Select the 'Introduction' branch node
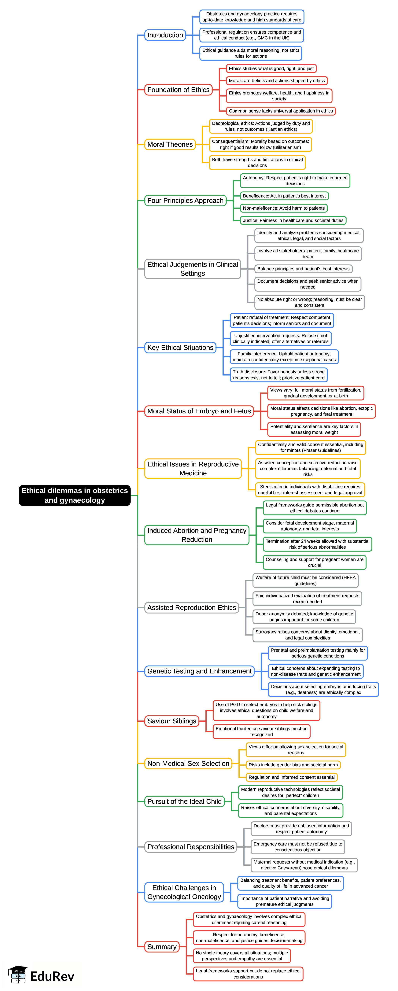tap(165, 35)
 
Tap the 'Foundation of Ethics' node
tap(179, 90)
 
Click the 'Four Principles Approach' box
tap(185, 201)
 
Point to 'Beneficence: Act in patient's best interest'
tap(284, 196)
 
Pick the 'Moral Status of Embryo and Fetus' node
tap(199, 411)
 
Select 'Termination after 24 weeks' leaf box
tap(317, 544)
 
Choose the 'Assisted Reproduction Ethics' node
tap(191, 607)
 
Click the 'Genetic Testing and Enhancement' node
tap(199, 671)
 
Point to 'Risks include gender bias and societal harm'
tap(293, 765)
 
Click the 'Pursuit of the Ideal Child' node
tap(184, 801)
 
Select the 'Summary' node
tap(162, 947)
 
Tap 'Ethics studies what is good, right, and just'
tap(271, 68)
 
